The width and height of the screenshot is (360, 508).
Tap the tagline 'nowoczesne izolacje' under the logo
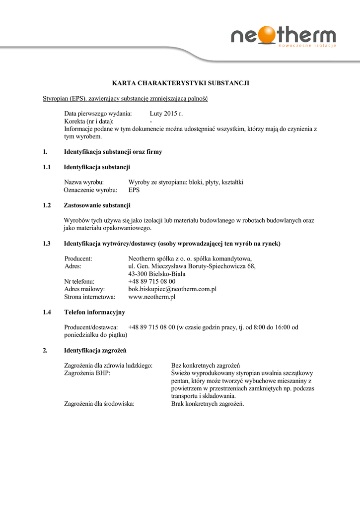click(x=307, y=46)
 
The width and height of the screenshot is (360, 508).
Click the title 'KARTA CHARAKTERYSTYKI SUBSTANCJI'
click(x=180, y=83)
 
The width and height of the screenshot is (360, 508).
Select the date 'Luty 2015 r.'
click(x=166, y=114)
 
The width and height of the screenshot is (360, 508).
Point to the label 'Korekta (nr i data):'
click(x=89, y=121)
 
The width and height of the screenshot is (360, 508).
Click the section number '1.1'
click(x=47, y=167)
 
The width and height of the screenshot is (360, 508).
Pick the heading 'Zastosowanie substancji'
click(x=97, y=205)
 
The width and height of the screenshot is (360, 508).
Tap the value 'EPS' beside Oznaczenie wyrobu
click(x=134, y=190)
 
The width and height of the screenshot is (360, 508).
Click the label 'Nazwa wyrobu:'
click(x=84, y=183)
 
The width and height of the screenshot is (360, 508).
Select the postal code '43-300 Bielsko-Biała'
click(x=156, y=273)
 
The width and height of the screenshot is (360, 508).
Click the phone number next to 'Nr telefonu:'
click(x=151, y=281)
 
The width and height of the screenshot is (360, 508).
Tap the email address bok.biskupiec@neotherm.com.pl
click(x=172, y=289)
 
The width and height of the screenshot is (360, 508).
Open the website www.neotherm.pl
click(x=152, y=297)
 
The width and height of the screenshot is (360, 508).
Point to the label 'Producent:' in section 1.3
click(x=78, y=258)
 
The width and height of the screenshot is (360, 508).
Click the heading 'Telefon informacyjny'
click(x=94, y=312)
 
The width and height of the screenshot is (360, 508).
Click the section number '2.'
click(x=45, y=350)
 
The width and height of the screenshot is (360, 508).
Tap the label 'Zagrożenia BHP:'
click(x=87, y=373)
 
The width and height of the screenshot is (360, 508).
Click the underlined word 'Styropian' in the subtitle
click(x=55, y=99)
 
